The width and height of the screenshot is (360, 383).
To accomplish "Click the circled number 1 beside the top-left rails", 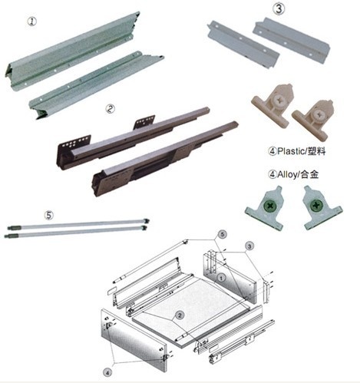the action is [x=32, y=21].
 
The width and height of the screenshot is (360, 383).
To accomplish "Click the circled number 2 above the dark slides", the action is [x=111, y=109].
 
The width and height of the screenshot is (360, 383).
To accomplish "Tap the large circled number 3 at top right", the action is [x=279, y=8].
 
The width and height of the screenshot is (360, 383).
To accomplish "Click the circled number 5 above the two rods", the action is [x=49, y=215].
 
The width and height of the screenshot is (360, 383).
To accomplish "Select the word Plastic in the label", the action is [x=290, y=151].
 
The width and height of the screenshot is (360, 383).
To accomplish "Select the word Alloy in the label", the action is [x=287, y=175].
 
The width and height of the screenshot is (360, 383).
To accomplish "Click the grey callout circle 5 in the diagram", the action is [x=223, y=234].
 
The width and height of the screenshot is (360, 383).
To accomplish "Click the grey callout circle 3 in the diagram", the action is [x=249, y=246].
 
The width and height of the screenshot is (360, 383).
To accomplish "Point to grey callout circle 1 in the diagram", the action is [x=222, y=278].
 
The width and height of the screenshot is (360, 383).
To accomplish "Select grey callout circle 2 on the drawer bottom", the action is [x=180, y=315].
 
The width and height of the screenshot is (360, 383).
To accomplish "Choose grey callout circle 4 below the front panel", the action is [x=107, y=373].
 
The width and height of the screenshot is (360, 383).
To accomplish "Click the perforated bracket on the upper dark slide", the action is [x=145, y=122].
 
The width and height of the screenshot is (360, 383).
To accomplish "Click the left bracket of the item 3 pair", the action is [x=243, y=44].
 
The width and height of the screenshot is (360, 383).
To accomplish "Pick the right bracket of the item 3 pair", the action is [x=292, y=40].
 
